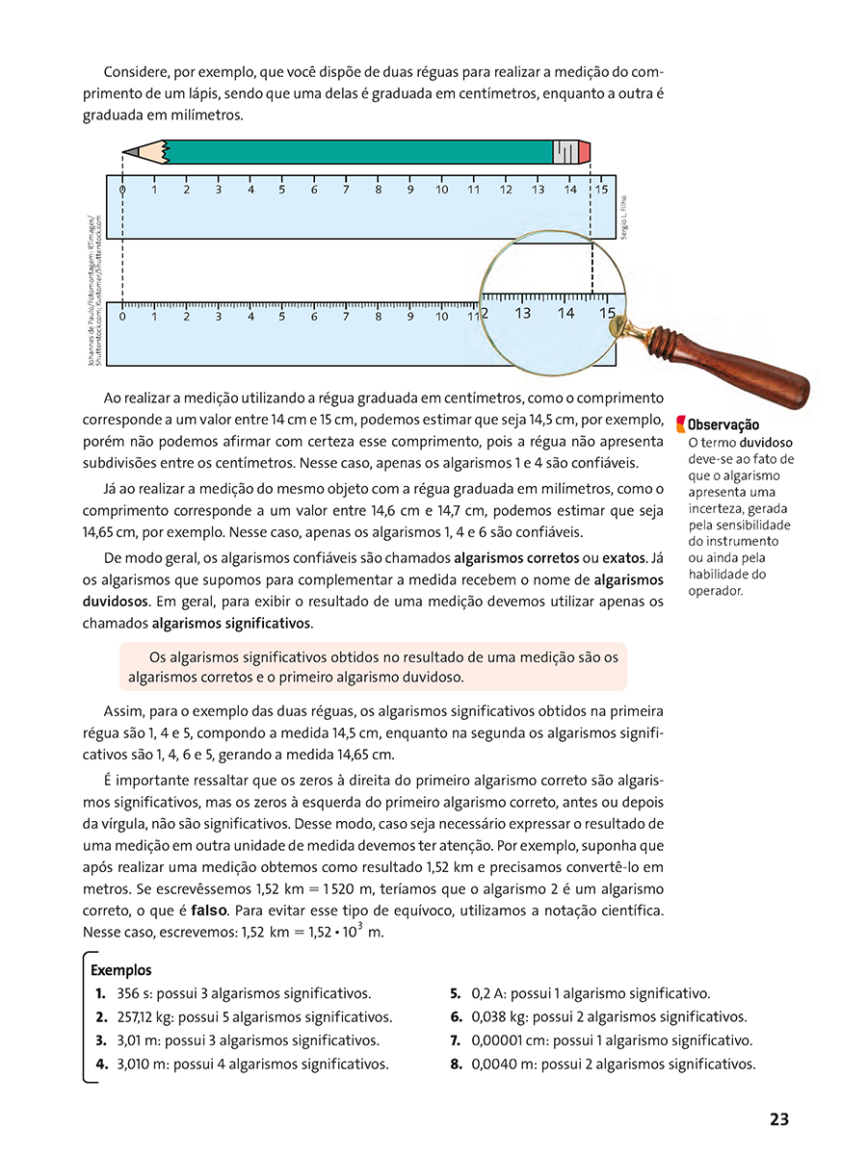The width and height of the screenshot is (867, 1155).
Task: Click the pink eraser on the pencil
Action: pyautogui.click(x=585, y=152)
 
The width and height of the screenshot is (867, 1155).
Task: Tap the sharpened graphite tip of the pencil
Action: pyautogui.click(x=126, y=152)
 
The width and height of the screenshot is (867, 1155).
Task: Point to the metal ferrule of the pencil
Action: pyautogui.click(x=565, y=152)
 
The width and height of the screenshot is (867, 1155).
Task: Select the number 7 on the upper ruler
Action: pyautogui.click(x=346, y=190)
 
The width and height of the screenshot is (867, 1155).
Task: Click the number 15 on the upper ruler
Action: pyautogui.click(x=602, y=190)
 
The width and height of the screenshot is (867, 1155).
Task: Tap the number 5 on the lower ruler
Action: pyautogui.click(x=282, y=316)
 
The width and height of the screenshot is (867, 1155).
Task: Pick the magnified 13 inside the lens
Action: pyautogui.click(x=523, y=313)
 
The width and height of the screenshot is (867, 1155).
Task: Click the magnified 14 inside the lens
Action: pyautogui.click(x=565, y=313)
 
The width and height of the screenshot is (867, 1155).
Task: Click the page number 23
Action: pyautogui.click(x=779, y=1119)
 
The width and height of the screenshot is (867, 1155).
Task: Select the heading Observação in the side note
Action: pyautogui.click(x=722, y=424)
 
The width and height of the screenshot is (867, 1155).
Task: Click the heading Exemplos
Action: pyautogui.click(x=120, y=971)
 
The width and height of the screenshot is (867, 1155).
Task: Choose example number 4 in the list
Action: pyautogui.click(x=100, y=1065)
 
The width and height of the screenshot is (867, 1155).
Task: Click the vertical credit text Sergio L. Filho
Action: pyautogui.click(x=624, y=218)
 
